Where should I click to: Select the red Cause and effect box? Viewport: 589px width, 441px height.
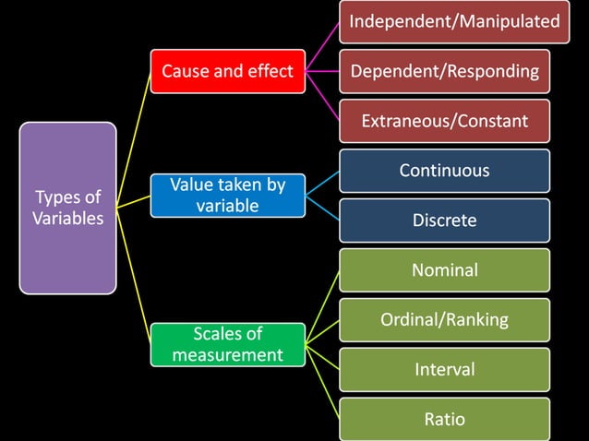point(227,71)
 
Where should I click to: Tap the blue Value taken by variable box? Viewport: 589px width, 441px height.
point(227,196)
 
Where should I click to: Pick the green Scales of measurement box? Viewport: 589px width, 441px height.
point(227,343)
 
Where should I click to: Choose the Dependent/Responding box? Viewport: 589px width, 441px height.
point(444,71)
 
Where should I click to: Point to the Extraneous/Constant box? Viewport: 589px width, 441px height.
point(444,121)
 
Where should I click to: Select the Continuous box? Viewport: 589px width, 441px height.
point(444,171)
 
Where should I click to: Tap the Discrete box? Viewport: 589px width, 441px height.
point(444,220)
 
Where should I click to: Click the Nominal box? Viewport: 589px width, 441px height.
point(444,270)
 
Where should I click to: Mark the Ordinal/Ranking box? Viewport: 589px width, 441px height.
point(444,320)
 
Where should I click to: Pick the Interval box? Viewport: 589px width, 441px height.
point(444,369)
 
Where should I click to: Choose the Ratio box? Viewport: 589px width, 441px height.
point(444,419)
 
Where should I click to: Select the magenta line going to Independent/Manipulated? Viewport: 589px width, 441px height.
point(323,46)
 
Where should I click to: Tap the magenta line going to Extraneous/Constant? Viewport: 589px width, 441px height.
point(323,96)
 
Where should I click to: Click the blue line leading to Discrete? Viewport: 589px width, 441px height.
point(323,209)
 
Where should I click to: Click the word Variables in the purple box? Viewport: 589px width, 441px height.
point(68,219)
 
